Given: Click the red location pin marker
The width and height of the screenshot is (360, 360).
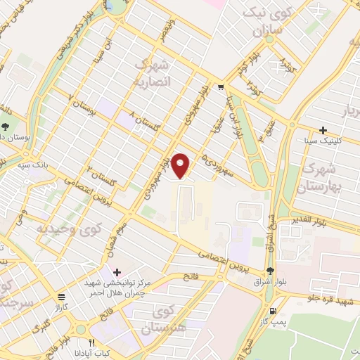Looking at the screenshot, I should pyautogui.click(x=181, y=165).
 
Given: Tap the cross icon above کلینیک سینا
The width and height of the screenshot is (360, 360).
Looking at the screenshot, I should pyautogui.click(x=323, y=130).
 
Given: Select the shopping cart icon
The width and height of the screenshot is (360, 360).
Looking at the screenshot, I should pyautogui.click(x=220, y=88).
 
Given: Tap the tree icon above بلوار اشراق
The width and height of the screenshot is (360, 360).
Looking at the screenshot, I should pyautogui.click(x=271, y=271).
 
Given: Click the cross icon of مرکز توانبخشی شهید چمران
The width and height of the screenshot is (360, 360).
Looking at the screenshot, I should pyautogui.click(x=117, y=272).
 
